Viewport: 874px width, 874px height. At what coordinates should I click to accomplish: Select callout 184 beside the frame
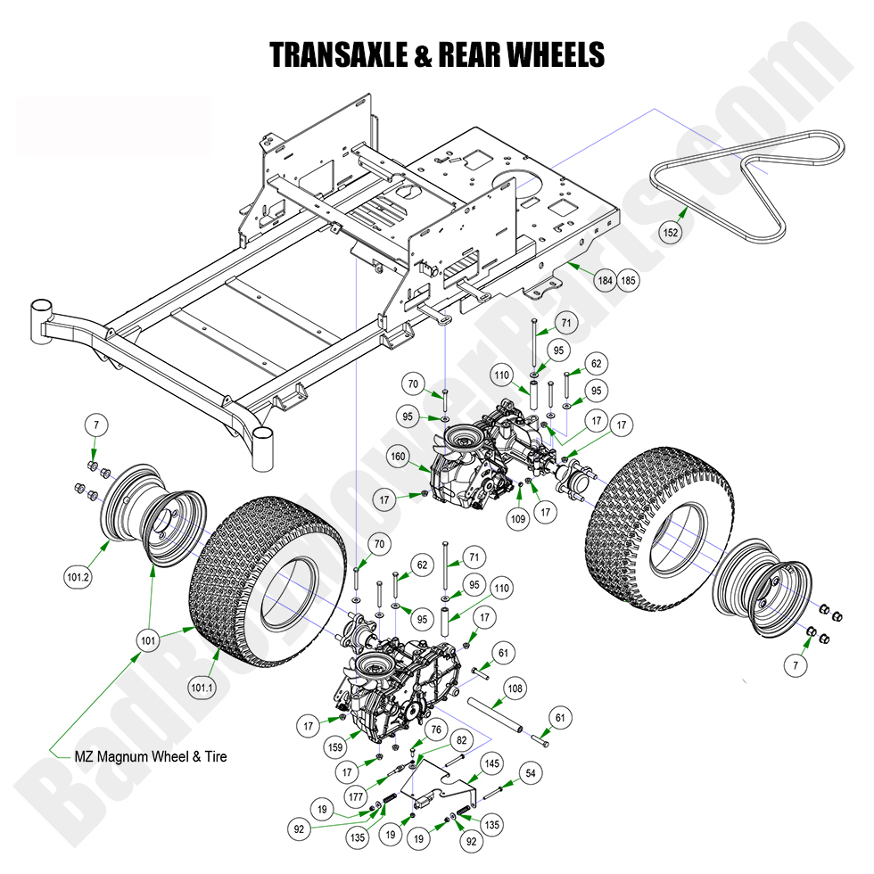pyautogui.click(x=606, y=281)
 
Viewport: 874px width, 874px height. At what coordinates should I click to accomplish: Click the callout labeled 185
pyautogui.click(x=629, y=281)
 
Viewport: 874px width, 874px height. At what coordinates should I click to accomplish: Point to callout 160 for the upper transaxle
pyautogui.click(x=398, y=458)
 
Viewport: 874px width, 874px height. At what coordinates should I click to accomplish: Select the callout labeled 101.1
pyautogui.click(x=202, y=688)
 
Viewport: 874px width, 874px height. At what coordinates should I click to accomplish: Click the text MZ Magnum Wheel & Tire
pyautogui.click(x=150, y=756)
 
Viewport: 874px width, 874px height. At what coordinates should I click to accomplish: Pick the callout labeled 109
pyautogui.click(x=517, y=515)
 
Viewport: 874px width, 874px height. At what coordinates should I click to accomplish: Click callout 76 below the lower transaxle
pyautogui.click(x=434, y=730)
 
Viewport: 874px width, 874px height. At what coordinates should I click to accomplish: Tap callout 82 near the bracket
pyautogui.click(x=461, y=740)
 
